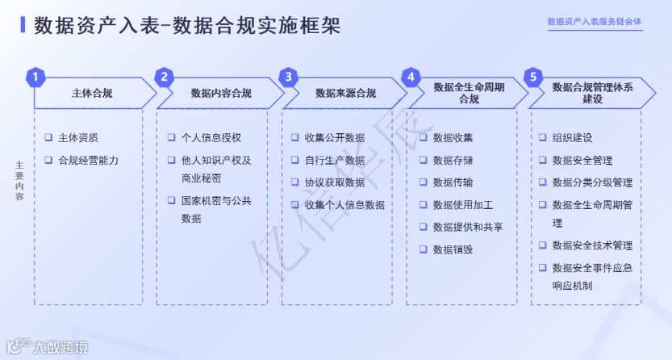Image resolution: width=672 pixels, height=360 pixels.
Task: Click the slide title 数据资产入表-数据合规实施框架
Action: [x=187, y=26]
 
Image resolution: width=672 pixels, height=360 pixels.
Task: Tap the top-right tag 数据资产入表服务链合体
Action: [x=595, y=22]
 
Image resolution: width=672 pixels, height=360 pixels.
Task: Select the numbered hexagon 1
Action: [x=35, y=77]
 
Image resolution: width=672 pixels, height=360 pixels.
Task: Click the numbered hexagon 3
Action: [x=288, y=77]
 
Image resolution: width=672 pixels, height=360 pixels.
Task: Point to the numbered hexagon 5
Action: [x=532, y=77]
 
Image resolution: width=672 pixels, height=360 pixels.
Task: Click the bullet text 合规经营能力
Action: [x=89, y=160]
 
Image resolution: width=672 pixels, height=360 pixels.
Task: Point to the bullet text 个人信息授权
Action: [x=211, y=138]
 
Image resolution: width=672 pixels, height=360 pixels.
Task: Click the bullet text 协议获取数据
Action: [x=335, y=182]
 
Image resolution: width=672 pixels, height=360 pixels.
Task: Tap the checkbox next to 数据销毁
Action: [x=423, y=249]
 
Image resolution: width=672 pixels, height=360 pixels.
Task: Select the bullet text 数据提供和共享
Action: [x=468, y=227]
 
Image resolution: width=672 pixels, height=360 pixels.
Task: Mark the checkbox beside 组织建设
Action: [x=543, y=138]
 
